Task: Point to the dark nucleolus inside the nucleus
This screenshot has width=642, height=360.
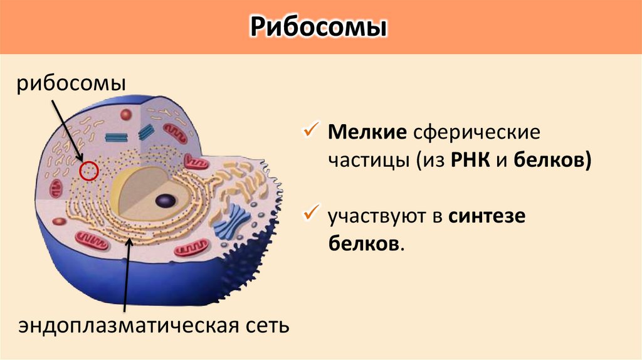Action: pyautogui.click(x=166, y=201)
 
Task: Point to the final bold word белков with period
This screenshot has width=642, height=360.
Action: pyautogui.click(x=364, y=243)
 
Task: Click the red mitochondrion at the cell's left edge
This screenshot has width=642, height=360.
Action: pyautogui.click(x=57, y=186)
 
